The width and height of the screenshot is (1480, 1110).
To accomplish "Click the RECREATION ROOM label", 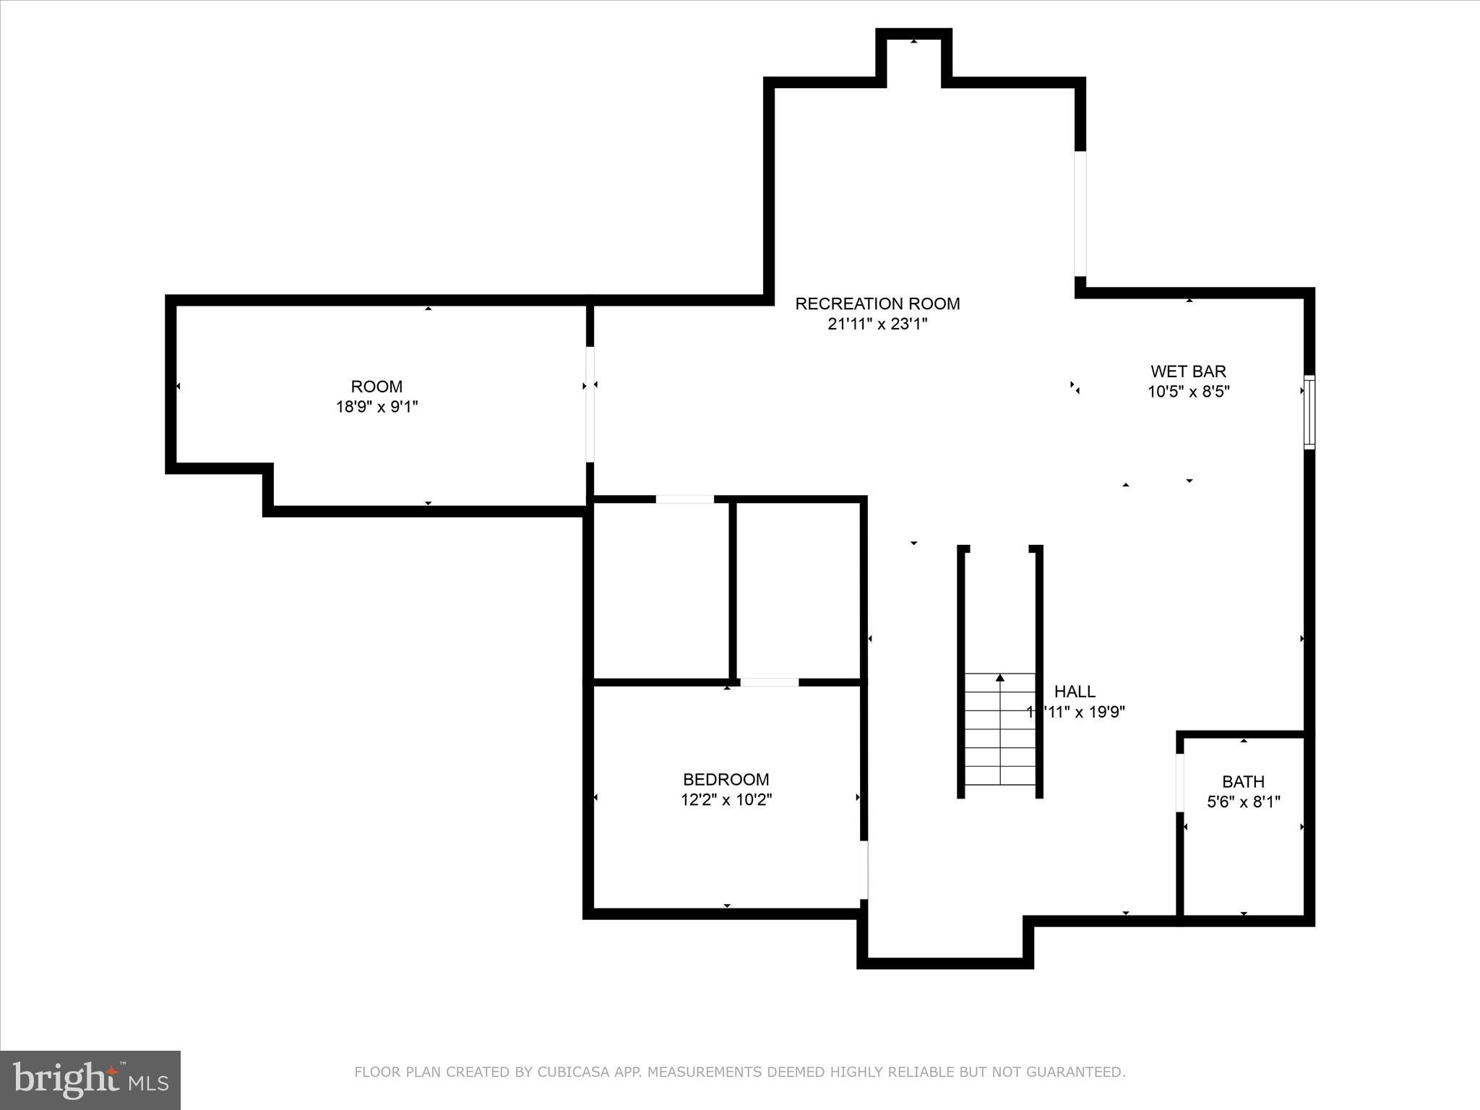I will click(x=877, y=304).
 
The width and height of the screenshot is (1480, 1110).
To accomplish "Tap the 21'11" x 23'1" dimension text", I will click(x=877, y=324).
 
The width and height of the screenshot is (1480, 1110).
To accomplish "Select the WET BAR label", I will click(x=1188, y=371).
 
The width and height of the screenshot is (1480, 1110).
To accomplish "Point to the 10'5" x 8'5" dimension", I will click(x=1188, y=392).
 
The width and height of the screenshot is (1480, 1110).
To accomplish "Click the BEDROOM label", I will click(x=726, y=780).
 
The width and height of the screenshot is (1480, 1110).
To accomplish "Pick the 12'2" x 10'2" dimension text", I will click(x=726, y=800).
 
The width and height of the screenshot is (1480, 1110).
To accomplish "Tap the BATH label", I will click(x=1243, y=782).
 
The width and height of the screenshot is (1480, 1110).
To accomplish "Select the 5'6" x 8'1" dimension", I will click(x=1243, y=802).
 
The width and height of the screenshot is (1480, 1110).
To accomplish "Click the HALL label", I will click(x=1075, y=692).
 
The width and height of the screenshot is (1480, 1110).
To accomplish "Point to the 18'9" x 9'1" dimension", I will click(x=377, y=407).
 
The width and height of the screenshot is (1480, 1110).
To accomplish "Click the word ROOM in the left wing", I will click(x=377, y=387).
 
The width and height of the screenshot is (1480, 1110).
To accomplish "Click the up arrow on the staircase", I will click(x=1000, y=678).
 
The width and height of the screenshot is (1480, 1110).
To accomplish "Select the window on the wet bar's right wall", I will click(x=1309, y=412).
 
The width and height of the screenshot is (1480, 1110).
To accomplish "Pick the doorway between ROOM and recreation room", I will click(x=590, y=404).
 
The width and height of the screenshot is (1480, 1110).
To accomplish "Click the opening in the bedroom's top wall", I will click(x=769, y=682).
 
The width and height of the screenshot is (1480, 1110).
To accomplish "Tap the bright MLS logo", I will click(x=90, y=1080).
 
